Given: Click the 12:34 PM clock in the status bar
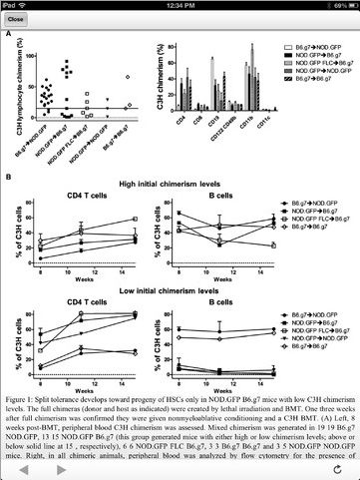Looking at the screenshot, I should pyautogui.click(x=180, y=5).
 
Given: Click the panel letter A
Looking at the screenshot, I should pyautogui.click(x=9, y=36).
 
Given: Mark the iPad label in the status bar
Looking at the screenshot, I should pyautogui.click(x=11, y=5).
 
